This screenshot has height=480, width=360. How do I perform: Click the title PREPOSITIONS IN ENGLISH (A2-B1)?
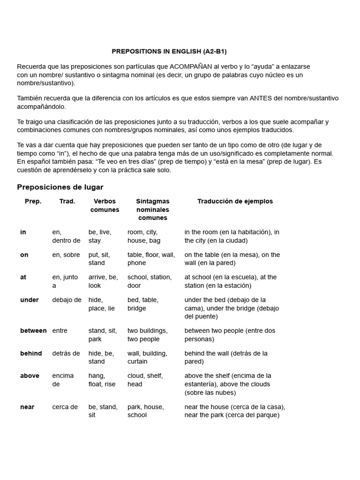169,51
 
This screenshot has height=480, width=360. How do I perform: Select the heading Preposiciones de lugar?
60,187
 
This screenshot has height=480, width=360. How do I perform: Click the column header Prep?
33,202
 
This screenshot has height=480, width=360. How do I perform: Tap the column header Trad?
67,202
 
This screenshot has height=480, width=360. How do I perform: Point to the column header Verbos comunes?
105,206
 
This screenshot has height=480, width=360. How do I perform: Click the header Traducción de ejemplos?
235,202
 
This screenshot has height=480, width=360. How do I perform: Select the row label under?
30,300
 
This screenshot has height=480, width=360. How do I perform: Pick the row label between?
33,331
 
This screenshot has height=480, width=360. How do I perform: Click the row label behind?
31,353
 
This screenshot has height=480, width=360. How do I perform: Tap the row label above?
30,376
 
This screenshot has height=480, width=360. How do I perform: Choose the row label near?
27,407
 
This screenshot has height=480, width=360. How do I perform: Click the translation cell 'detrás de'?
66,353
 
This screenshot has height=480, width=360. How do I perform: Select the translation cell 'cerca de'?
65,407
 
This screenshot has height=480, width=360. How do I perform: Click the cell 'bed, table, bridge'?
143,304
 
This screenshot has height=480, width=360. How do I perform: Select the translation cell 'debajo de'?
67,300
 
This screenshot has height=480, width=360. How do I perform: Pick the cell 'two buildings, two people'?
147,335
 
